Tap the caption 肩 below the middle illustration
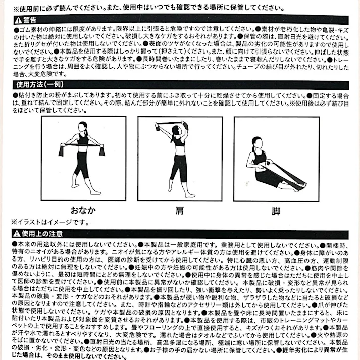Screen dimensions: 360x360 click(179, 209)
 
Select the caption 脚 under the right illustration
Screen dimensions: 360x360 click(275, 209)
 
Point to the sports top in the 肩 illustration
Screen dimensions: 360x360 click(179, 144)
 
